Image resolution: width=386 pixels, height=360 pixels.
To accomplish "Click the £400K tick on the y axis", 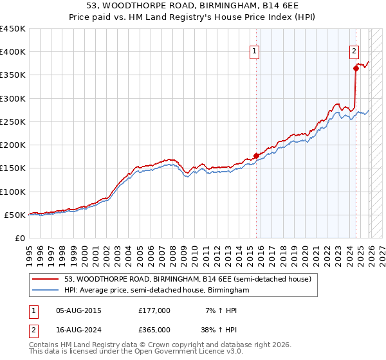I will (x=13, y=52).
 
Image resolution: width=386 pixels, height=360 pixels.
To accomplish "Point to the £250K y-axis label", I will (x=13, y=122).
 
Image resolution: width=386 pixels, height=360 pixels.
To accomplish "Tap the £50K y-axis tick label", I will (x=15, y=215).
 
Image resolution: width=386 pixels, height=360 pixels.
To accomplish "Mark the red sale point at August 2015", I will (x=256, y=156).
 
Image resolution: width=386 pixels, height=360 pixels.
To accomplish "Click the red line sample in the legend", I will (x=46, y=279).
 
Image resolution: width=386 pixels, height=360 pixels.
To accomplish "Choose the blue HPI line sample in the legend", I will (x=46, y=291).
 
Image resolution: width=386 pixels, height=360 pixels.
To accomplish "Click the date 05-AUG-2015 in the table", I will (x=78, y=310).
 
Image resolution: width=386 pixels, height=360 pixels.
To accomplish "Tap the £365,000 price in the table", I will (x=154, y=330).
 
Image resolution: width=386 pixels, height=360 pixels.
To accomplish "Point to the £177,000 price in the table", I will (x=154, y=310).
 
